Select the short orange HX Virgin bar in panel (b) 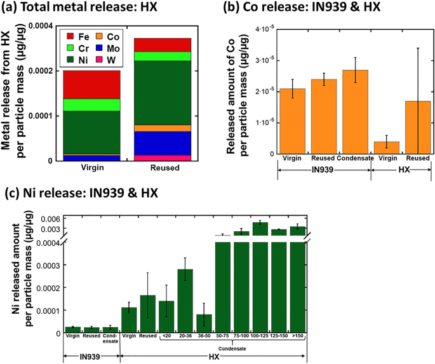386,147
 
